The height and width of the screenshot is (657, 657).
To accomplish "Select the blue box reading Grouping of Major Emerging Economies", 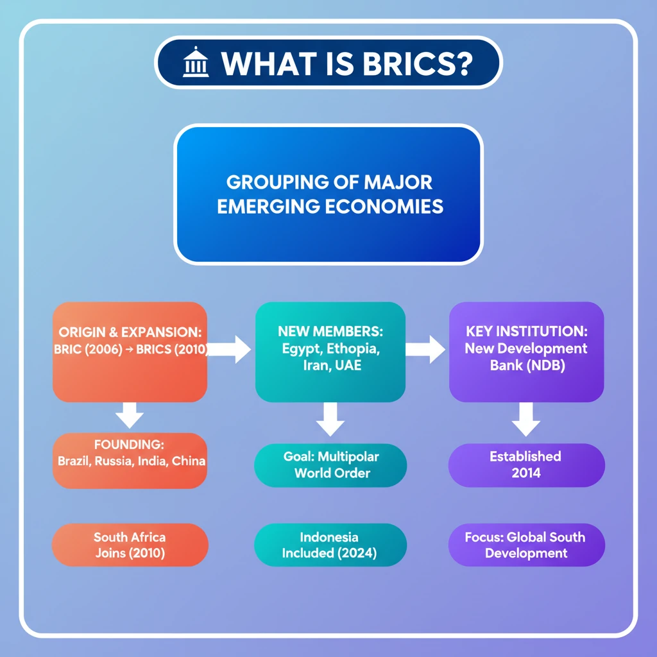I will [x=328, y=195].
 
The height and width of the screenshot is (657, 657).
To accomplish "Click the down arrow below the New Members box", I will [x=330, y=418].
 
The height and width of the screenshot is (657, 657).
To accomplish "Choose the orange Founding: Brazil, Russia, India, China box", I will [x=130, y=460].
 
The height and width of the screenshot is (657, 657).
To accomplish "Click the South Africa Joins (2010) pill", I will [x=130, y=545].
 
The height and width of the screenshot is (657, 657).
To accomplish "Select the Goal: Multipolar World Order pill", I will [x=331, y=465].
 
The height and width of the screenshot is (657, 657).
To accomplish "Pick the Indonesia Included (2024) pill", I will [x=330, y=545].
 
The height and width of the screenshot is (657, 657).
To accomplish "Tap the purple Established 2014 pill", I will [x=526, y=465].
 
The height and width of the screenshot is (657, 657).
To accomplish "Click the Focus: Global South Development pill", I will [x=526, y=545].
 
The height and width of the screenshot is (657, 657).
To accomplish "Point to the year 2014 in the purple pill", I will [x=526, y=474].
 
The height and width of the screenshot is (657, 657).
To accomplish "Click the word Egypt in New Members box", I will [x=301, y=349].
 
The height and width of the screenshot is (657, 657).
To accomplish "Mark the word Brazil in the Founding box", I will [x=75, y=461].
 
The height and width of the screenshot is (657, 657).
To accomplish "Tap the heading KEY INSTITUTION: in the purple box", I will [x=526, y=332].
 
